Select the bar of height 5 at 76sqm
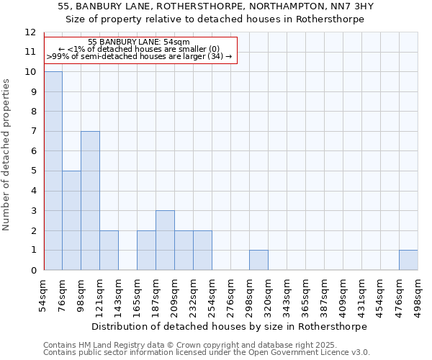coord(71,220)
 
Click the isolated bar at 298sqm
coord(258,260)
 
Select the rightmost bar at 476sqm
coord(408,260)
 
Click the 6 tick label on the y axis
coord(32,151)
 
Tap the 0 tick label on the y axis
coord(32,270)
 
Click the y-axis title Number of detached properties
coord(7,155)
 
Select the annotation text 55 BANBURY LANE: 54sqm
coord(139,42)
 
